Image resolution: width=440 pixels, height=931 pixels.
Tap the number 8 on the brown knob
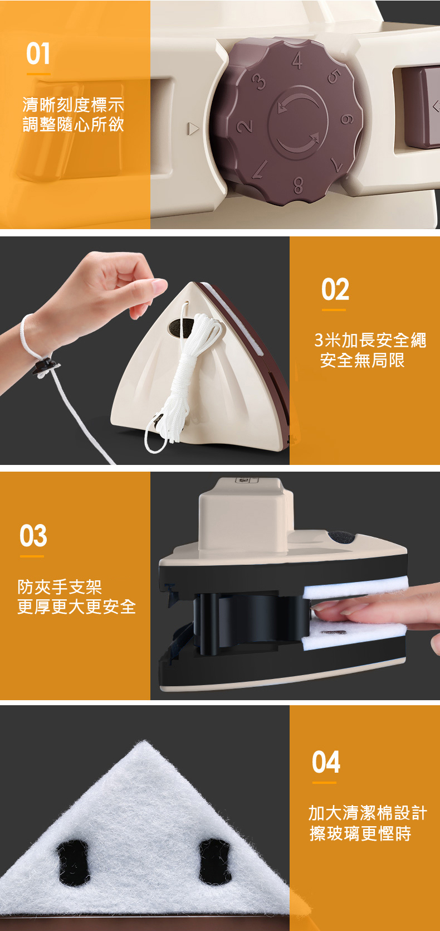coord(298,185)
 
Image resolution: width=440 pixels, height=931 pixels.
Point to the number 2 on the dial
coord(245,126)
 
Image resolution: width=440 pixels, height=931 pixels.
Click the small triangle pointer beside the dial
coord(193,128)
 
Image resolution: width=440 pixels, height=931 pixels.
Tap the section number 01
coord(38,54)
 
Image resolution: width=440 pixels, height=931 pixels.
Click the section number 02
coord(335,289)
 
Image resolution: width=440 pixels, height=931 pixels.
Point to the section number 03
coord(33,535)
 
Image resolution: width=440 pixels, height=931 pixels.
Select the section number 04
coord(326,762)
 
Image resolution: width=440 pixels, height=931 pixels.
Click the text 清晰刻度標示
coord(73,105)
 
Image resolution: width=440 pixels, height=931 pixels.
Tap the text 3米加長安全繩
coord(370,340)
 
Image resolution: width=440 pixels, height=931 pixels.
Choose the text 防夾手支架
coord(60,587)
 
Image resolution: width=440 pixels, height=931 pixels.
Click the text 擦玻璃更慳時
coord(360,833)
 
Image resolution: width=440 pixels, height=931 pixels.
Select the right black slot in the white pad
coord(215,860)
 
